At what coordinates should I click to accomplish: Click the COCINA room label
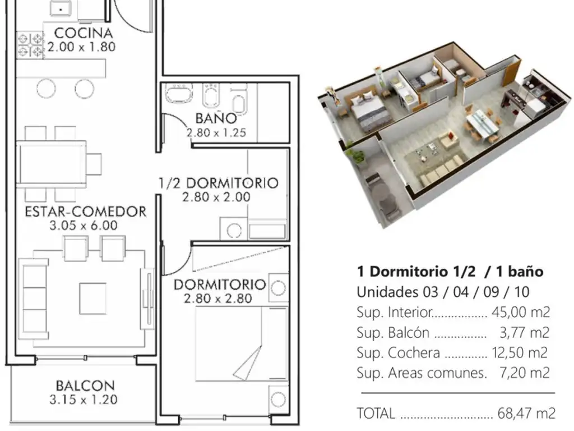point(83,33)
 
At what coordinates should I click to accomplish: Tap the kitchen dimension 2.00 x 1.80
point(81,47)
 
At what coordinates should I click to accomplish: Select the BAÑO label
point(216,118)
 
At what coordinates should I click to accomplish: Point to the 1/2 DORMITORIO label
point(218,183)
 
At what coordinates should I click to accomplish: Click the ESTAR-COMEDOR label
point(85,212)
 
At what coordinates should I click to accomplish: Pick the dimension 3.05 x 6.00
point(84,226)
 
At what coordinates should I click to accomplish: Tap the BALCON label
point(85,386)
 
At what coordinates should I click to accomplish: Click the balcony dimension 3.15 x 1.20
point(84,400)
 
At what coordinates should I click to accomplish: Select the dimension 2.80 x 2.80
point(218,299)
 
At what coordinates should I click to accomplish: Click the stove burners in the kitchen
point(30,45)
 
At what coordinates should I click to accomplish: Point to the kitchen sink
point(61,7)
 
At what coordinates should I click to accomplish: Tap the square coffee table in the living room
point(93,298)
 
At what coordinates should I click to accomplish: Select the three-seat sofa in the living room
point(33,299)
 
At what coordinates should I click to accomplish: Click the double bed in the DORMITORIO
point(242,343)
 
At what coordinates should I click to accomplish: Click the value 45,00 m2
point(521,312)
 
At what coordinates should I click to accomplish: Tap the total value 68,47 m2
point(526,413)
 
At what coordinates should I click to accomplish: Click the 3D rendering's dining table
point(482,125)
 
